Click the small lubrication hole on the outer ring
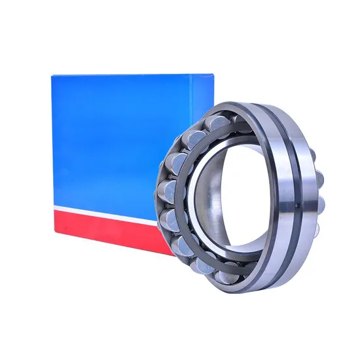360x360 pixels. (x=295, y=208)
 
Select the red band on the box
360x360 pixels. (x=105, y=229)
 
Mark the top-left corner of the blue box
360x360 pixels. (x=52, y=74)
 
